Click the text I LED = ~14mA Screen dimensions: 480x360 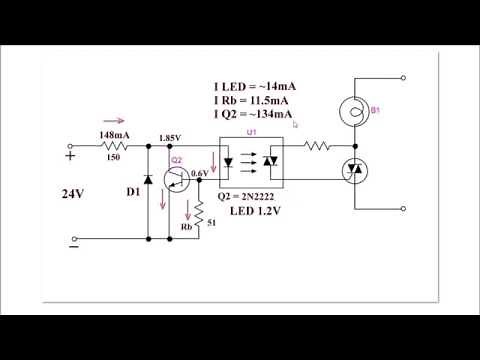click(254, 87)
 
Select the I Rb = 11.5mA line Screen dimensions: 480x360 click(251, 101)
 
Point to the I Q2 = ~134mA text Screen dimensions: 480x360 click(254, 115)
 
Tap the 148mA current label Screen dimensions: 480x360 click(113, 135)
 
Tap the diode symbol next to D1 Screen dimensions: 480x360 click(149, 180)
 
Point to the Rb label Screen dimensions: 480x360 click(186, 227)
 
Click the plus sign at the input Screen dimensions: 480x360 click(70, 155)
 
